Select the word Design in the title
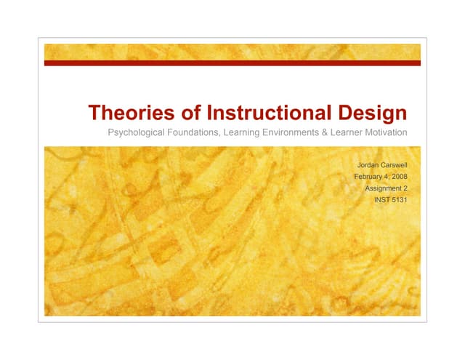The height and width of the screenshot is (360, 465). (371, 114)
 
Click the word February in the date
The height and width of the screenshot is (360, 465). (371, 176)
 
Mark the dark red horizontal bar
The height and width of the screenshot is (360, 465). (232, 63)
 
